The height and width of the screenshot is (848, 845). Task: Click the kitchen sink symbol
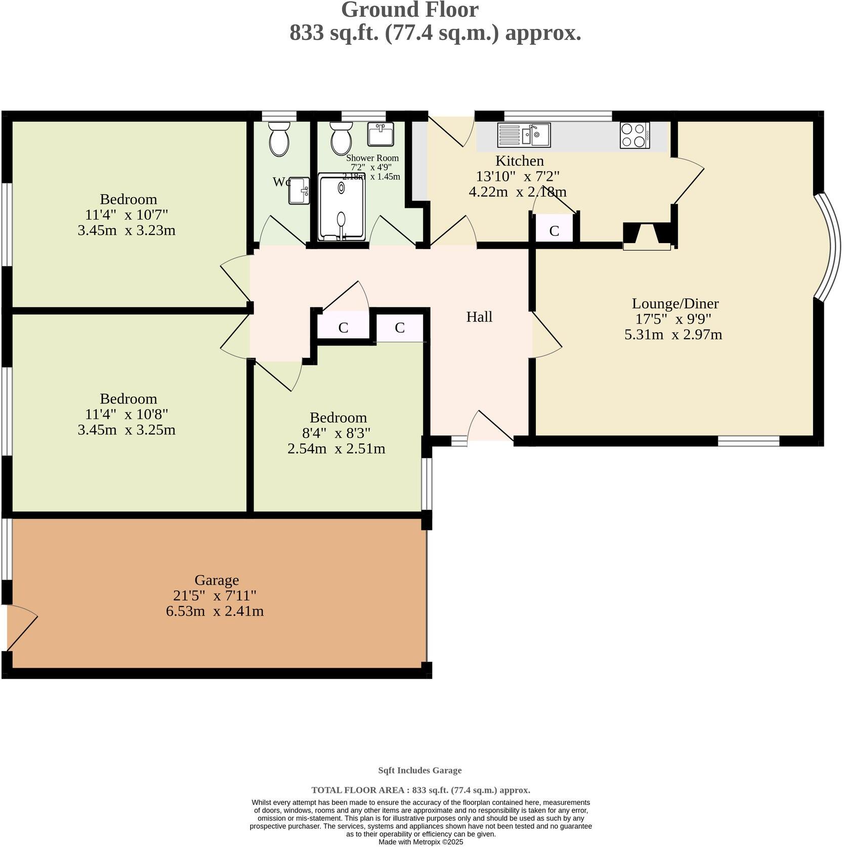coord(524,135)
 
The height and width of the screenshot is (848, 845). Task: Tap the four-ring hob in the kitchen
coord(635,135)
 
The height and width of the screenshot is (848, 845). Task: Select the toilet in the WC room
coord(279,139)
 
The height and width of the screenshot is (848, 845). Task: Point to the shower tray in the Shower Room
coord(342,207)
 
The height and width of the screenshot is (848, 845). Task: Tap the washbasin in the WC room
coord(299,190)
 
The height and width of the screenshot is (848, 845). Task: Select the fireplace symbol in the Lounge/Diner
coord(647,236)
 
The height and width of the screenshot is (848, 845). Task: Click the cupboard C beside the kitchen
coord(554,231)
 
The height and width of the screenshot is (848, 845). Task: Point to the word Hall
coord(479,317)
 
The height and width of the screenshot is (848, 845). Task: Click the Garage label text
coord(216,580)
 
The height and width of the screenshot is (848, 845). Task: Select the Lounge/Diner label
coord(675,304)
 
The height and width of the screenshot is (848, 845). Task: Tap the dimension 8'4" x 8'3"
coord(336,433)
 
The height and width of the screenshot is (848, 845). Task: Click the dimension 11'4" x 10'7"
coord(126,215)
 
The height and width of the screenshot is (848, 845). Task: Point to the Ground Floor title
coord(409,10)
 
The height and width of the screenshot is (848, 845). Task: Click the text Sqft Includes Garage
coord(419,770)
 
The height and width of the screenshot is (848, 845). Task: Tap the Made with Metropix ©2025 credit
coord(420,842)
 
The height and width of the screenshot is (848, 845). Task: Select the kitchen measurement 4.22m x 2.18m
coord(517,192)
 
